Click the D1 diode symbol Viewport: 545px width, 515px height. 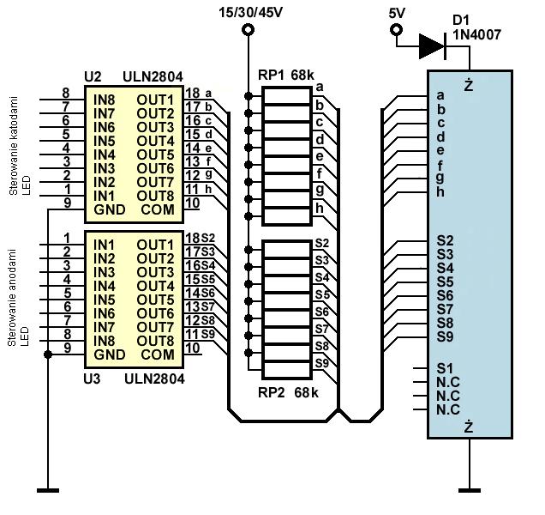pos(433,46)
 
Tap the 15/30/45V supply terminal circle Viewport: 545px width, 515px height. pos(248,30)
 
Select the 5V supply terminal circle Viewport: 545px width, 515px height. pos(396,30)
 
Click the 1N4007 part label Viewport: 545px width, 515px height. pos(476,34)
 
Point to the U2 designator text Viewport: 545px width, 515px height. pos(93,76)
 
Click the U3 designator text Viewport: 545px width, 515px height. pos(92,379)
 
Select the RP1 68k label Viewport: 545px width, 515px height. pos(286,76)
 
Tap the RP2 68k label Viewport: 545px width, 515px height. pos(288,392)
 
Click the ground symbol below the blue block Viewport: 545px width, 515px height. pos(470,490)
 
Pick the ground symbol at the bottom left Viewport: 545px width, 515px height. pos(48,491)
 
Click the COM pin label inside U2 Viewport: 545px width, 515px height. pos(158,209)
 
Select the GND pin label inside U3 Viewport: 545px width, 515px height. pos(109,354)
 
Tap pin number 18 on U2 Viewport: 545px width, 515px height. pos(193,93)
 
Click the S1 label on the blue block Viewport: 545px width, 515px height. pos(445,368)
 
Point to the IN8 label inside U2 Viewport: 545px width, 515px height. pos(104,100)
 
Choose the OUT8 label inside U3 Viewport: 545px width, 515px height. pos(155,341)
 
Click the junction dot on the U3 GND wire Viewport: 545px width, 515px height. pos(48,354)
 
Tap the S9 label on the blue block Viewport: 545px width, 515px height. pos(445,336)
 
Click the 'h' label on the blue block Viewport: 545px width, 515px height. pos(440,192)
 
